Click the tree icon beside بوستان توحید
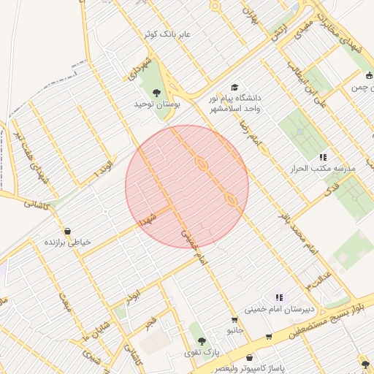156,92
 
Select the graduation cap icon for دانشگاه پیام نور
234,87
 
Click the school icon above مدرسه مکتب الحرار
322,156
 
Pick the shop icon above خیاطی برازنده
67,231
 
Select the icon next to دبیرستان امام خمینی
278,297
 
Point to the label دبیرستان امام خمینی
279,308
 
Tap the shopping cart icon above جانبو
234,319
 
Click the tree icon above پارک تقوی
202,341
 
